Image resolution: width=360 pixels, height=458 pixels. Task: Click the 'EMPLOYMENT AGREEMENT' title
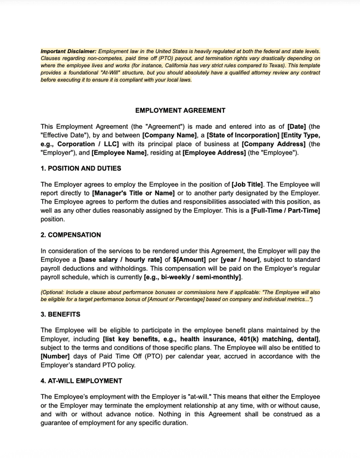point(180,110)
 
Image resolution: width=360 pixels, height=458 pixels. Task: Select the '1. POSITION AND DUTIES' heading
point(80,169)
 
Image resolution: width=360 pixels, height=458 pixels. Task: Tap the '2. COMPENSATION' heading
point(70,235)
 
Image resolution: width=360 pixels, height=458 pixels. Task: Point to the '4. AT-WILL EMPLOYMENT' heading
point(81,380)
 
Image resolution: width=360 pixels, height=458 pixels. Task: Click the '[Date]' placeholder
point(297,126)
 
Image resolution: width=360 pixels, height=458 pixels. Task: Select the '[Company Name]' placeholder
point(169,135)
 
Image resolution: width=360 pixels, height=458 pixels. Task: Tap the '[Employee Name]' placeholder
point(119,153)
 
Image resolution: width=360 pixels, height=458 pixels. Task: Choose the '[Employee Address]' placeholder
point(214,153)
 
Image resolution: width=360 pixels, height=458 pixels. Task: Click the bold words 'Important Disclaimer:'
point(68,51)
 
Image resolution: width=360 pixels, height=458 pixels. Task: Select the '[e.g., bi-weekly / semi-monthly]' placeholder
point(193,277)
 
